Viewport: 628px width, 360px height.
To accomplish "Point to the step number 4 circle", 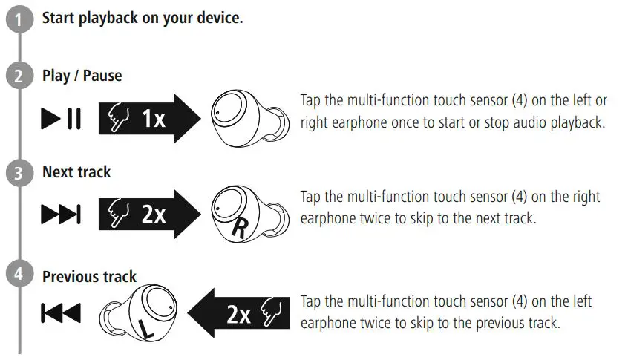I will point(16,275).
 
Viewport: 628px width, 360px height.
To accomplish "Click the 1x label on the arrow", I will point(153,119).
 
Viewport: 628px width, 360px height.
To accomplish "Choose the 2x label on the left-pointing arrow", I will point(238,315).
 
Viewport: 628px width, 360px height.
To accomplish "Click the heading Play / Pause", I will point(82,76).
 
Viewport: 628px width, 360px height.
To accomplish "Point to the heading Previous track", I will point(89,277).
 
